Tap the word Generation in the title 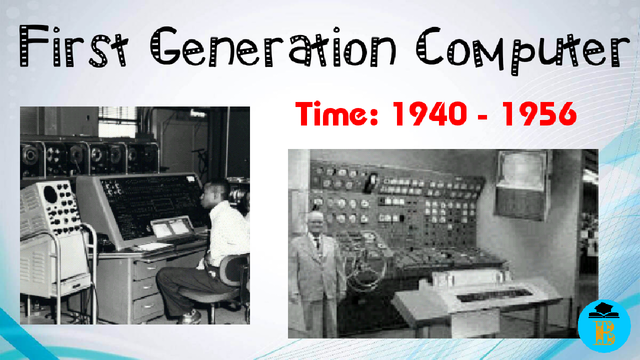tap(269, 46)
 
